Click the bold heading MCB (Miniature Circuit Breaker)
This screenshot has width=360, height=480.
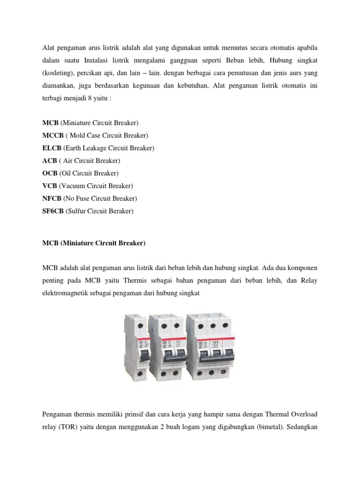click(x=94, y=243)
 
